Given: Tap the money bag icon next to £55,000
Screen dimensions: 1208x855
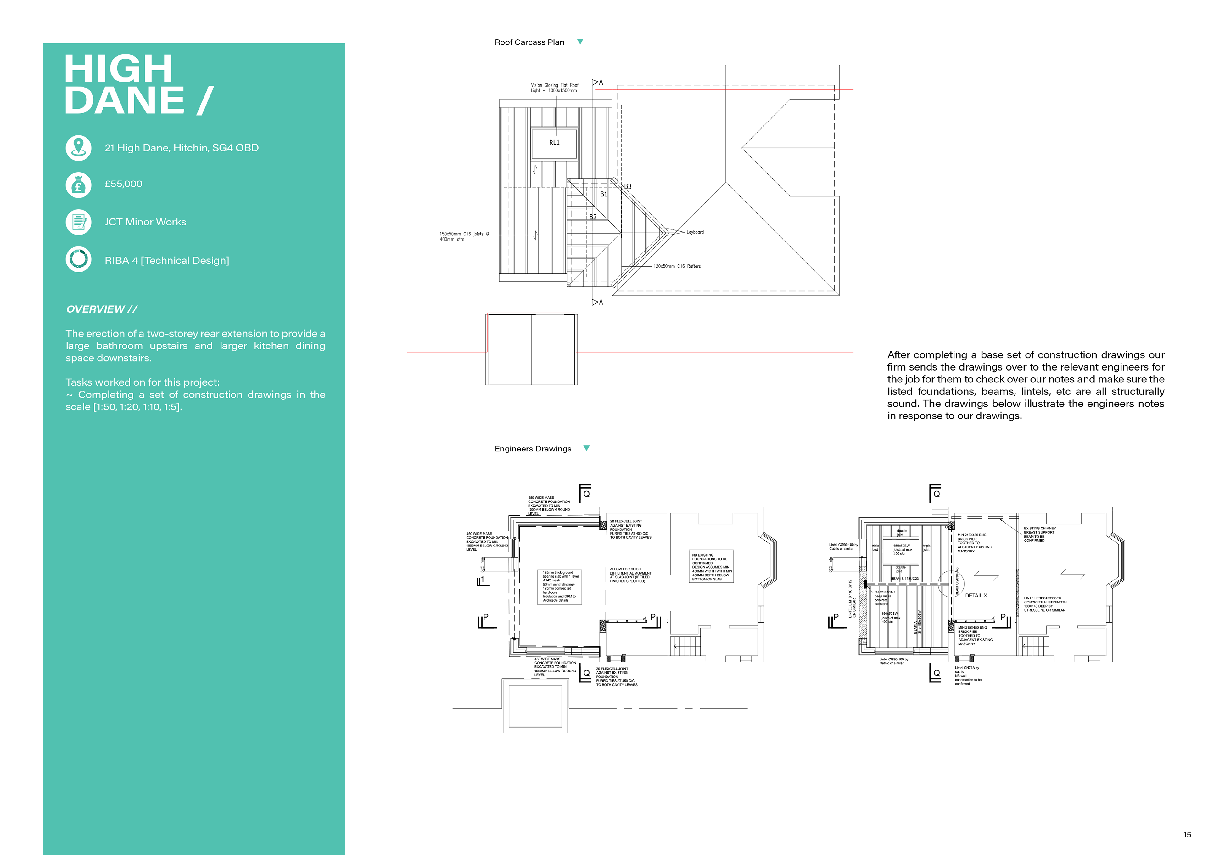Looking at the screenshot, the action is (x=78, y=185).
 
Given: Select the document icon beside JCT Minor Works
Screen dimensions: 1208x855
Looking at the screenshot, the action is (x=78, y=222).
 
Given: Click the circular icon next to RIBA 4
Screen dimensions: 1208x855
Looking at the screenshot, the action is (x=78, y=259).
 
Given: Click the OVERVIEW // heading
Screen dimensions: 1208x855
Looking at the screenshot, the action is (x=102, y=309).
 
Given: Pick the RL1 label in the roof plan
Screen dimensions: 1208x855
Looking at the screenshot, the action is (x=554, y=143).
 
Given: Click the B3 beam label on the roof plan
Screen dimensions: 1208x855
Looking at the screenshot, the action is (x=628, y=186).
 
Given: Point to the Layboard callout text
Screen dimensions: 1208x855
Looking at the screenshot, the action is (x=695, y=232).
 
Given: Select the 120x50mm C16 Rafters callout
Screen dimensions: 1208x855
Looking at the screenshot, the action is (x=677, y=266).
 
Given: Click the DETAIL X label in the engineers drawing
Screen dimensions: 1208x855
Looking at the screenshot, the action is (x=976, y=596).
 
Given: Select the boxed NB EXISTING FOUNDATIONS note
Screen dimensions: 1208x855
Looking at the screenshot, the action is (x=711, y=567).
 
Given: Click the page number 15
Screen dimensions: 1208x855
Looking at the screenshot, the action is (x=1187, y=835).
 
